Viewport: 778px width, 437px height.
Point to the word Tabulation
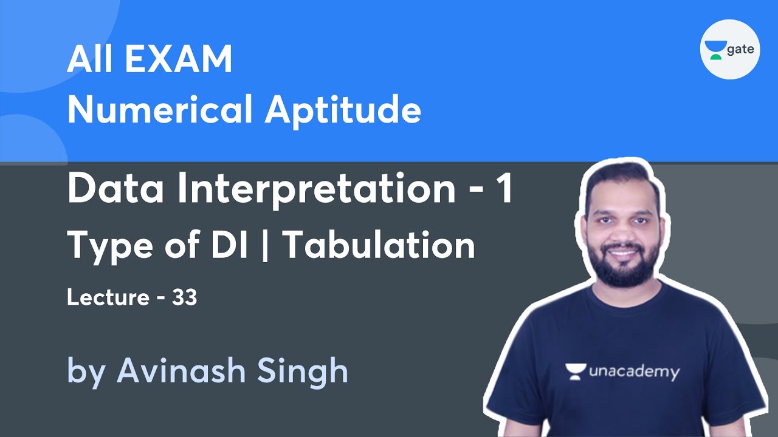tap(380, 246)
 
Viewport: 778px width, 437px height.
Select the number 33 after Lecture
tap(184, 298)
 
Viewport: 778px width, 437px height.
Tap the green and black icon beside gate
tap(715, 49)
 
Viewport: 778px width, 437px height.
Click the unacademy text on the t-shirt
tap(633, 371)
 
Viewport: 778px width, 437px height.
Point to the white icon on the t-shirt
tap(575, 371)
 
